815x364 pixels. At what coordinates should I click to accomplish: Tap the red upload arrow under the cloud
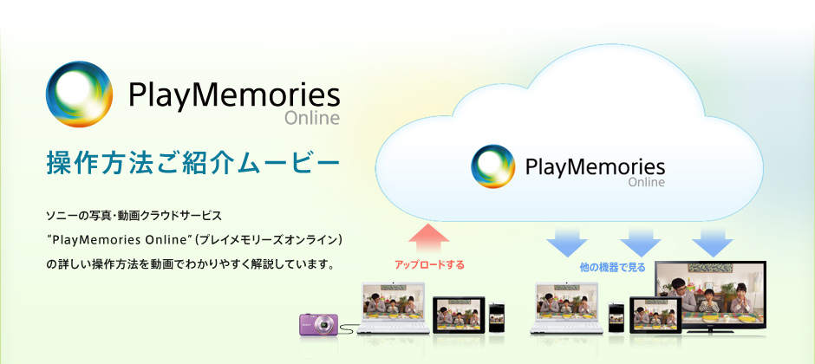tap(427, 238)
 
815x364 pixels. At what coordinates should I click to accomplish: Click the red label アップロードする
tap(429, 265)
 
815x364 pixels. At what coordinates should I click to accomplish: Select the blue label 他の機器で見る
tap(612, 267)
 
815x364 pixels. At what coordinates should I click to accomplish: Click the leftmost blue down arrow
tap(567, 240)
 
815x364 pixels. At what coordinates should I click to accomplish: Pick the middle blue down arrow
tap(641, 240)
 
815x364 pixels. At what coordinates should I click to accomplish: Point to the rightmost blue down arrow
tap(713, 240)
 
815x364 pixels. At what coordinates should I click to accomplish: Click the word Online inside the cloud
tap(646, 183)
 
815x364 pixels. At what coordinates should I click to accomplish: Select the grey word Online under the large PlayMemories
tap(311, 118)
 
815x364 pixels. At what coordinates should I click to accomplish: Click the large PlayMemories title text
tap(233, 94)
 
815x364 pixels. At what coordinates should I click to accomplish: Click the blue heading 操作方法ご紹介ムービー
tap(187, 163)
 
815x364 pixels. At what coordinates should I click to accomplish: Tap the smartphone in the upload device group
tap(497, 317)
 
